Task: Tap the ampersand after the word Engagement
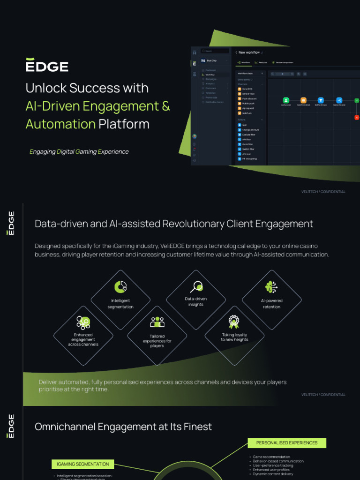(x=166, y=106)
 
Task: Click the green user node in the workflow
(x=286, y=100)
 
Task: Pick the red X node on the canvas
(x=357, y=117)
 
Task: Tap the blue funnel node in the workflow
(x=321, y=100)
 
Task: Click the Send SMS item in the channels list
(x=246, y=89)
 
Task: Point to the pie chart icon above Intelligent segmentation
(x=120, y=287)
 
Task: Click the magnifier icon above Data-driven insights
(x=196, y=286)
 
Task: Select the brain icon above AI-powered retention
(x=271, y=287)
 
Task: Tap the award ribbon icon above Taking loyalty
(x=233, y=322)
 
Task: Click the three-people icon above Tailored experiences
(x=157, y=322)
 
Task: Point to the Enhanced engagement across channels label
(x=83, y=340)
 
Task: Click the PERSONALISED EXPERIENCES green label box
(x=287, y=442)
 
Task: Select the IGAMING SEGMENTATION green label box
(x=82, y=464)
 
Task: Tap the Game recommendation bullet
(x=271, y=457)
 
